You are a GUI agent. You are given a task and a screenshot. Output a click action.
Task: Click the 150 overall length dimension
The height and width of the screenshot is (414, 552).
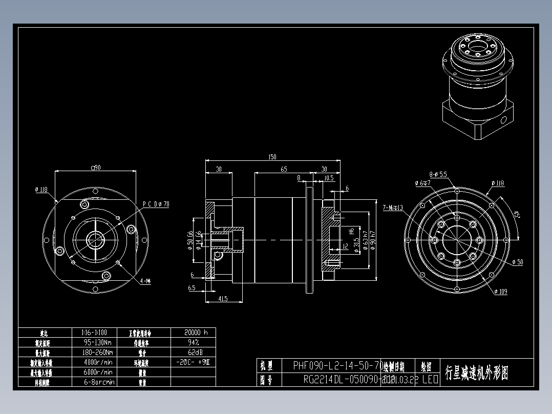pos(272,157)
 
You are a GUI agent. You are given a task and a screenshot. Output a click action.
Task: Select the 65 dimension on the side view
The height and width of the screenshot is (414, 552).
pos(284,169)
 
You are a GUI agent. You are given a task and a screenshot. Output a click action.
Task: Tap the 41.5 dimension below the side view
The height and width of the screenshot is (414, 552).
pos(222,298)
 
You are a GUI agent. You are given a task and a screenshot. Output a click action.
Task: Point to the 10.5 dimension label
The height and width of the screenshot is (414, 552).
pos(329,178)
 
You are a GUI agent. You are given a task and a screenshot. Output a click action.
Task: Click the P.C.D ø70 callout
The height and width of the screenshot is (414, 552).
pos(156,204)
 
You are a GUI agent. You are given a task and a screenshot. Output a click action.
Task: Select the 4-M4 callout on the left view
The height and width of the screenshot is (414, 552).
pos(145,281)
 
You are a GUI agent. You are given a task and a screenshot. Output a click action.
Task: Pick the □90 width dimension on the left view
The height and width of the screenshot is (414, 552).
pos(95,167)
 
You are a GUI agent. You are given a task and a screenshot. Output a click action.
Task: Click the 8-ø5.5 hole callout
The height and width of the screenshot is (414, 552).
pos(438,174)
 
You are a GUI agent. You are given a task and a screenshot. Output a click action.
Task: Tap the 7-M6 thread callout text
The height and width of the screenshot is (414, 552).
pos(393,208)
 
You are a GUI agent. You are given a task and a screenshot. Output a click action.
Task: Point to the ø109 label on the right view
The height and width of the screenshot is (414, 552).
pos(501,292)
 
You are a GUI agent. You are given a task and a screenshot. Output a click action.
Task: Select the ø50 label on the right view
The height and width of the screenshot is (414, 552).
pos(517,262)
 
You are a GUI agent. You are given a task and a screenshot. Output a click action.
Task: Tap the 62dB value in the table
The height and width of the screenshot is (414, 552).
pos(193,352)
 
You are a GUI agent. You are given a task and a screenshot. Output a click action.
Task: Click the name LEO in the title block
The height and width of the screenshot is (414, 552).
pos(430,380)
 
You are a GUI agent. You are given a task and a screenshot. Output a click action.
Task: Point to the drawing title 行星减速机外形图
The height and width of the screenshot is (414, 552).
pos(477,372)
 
